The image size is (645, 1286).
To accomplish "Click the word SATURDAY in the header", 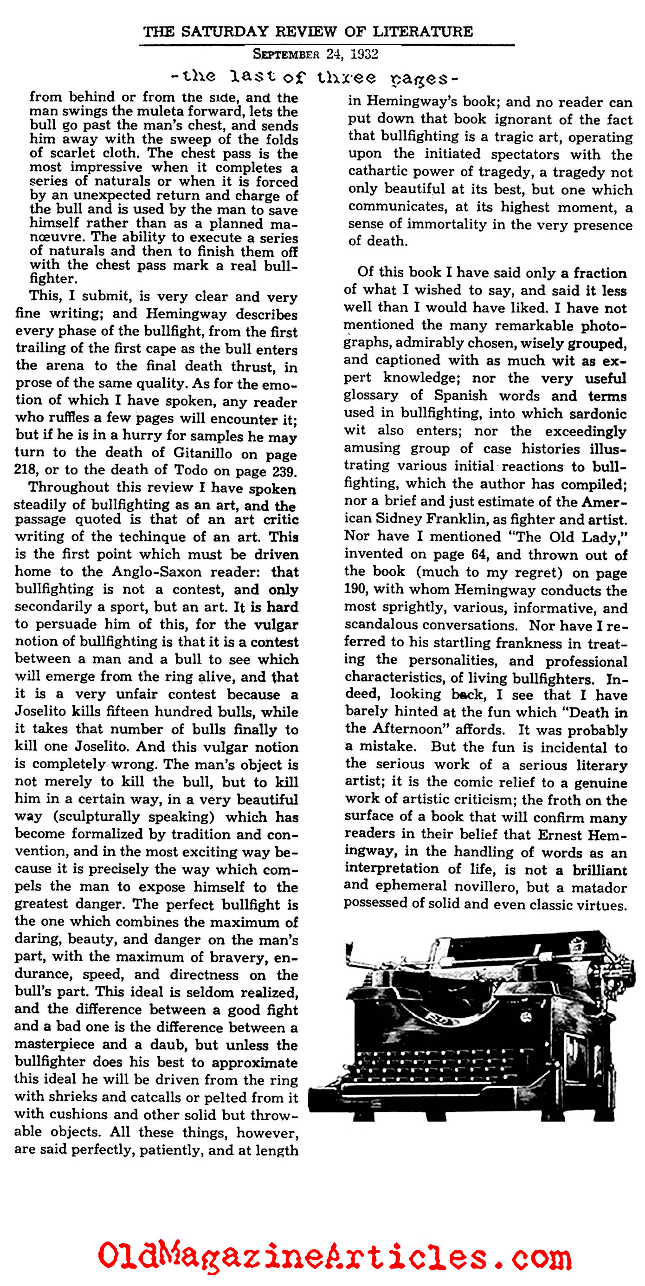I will pyautogui.click(x=224, y=32).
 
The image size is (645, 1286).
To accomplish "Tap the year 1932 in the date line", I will pyautogui.click(x=364, y=54).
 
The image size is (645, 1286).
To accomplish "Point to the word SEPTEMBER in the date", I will pyautogui.click(x=285, y=54).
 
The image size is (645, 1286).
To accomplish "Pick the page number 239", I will pyautogui.click(x=284, y=471).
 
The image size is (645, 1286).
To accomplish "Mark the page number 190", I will pyautogui.click(x=355, y=590).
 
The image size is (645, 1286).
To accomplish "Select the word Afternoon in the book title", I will pyautogui.click(x=407, y=729).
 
